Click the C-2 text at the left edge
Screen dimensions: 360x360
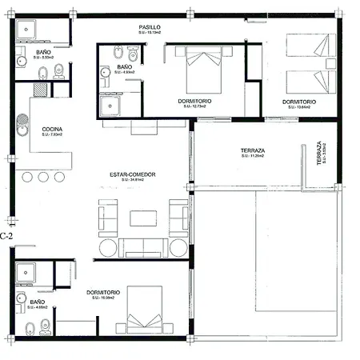[x=7, y=236]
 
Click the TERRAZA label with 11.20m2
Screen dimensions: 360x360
[x=253, y=150]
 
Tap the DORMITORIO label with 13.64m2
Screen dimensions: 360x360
[x=298, y=102]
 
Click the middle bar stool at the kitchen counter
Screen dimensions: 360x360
[x=45, y=177]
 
